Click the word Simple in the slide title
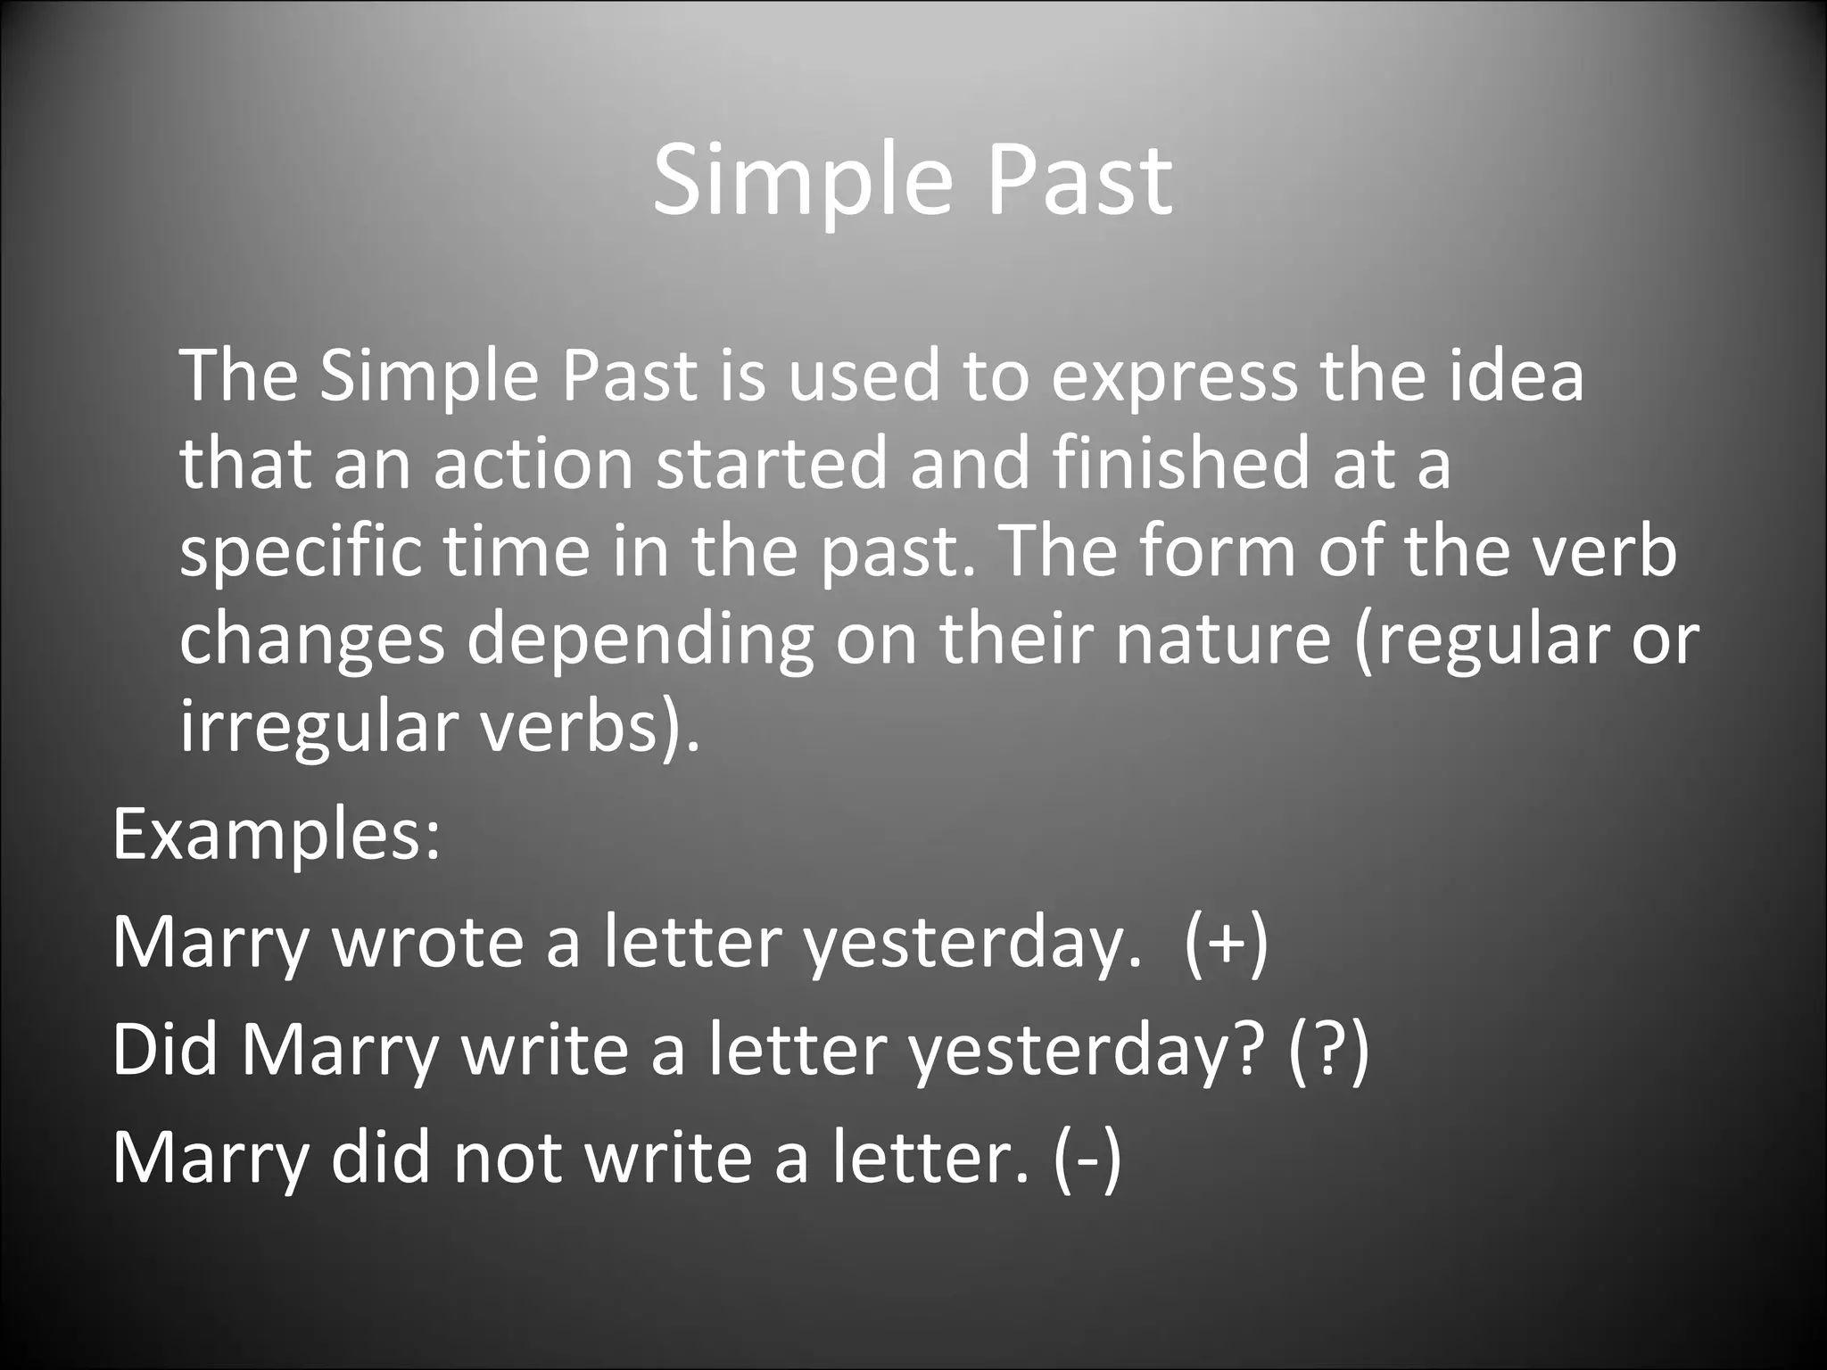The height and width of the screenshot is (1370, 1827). [800, 183]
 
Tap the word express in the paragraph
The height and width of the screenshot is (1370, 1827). [1173, 376]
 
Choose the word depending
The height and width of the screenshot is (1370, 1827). [640, 640]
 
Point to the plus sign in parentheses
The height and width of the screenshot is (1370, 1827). [1227, 944]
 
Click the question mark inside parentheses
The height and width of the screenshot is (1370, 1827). [1327, 1050]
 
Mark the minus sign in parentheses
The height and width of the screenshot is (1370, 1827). [1087, 1157]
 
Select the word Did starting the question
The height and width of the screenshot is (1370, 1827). [165, 1049]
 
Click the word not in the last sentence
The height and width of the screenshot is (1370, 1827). [508, 1157]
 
